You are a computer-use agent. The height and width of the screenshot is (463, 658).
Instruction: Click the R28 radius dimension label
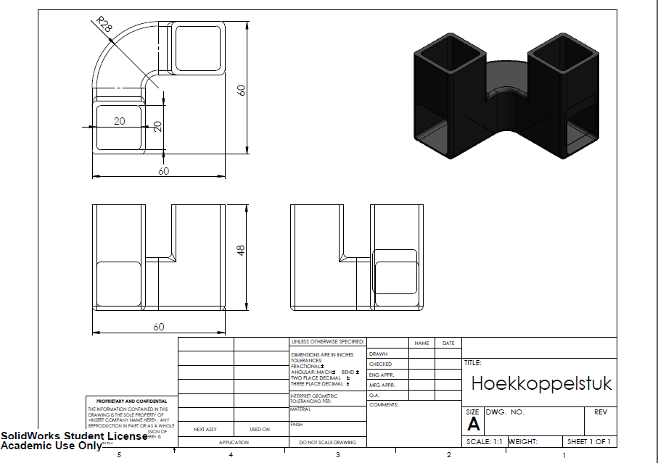pos(105,26)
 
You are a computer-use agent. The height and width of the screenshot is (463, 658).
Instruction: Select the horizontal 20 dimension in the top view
pos(119,121)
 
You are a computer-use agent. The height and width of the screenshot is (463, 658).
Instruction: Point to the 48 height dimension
pos(242,250)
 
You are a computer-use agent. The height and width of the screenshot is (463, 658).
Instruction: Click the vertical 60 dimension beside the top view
pos(242,89)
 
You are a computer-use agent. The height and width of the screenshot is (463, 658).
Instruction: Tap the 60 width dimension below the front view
pos(158,327)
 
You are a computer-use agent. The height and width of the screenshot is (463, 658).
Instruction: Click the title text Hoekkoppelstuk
pos(541,383)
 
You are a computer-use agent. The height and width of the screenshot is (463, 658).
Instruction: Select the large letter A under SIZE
pos(474,425)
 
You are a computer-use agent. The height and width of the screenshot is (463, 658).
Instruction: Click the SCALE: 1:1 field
pos(484,441)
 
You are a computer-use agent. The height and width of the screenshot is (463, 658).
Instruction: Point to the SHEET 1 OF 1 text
pos(588,441)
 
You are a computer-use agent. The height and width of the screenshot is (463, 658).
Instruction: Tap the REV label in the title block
pos(600,412)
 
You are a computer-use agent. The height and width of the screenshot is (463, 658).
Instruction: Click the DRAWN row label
pos(378,354)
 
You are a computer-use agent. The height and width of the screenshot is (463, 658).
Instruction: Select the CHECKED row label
pos(380,364)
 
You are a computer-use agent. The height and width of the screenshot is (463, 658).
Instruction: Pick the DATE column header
pos(448,343)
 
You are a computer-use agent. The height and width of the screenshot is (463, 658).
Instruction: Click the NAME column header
pos(421,343)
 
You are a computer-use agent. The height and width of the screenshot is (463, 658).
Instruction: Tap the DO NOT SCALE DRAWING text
pos(327,441)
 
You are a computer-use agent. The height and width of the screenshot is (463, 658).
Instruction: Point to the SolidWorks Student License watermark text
pos(73,436)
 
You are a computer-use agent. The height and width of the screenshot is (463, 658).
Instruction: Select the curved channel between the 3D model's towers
pos(505,80)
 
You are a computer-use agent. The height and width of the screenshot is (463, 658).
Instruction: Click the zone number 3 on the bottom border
pos(337,455)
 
